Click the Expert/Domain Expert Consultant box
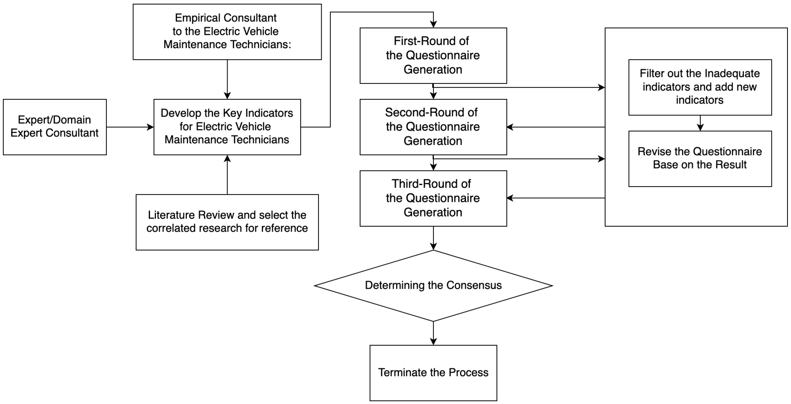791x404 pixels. [55, 127]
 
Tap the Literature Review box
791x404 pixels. [227, 222]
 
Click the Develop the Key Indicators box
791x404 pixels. [227, 127]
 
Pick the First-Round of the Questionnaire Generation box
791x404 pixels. [433, 55]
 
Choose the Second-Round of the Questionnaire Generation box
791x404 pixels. [433, 127]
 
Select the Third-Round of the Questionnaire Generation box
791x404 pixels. [433, 198]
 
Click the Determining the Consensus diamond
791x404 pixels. [433, 285]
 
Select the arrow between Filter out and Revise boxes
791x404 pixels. [700, 123]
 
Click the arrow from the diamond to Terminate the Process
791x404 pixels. [433, 333]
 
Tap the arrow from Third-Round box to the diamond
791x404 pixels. [433, 238]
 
